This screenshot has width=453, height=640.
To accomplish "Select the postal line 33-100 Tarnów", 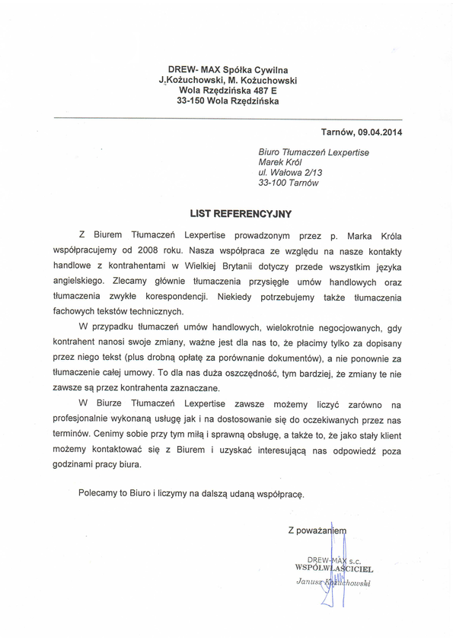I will (289, 183).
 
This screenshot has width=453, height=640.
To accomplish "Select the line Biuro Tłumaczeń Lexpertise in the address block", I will (314, 152).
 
